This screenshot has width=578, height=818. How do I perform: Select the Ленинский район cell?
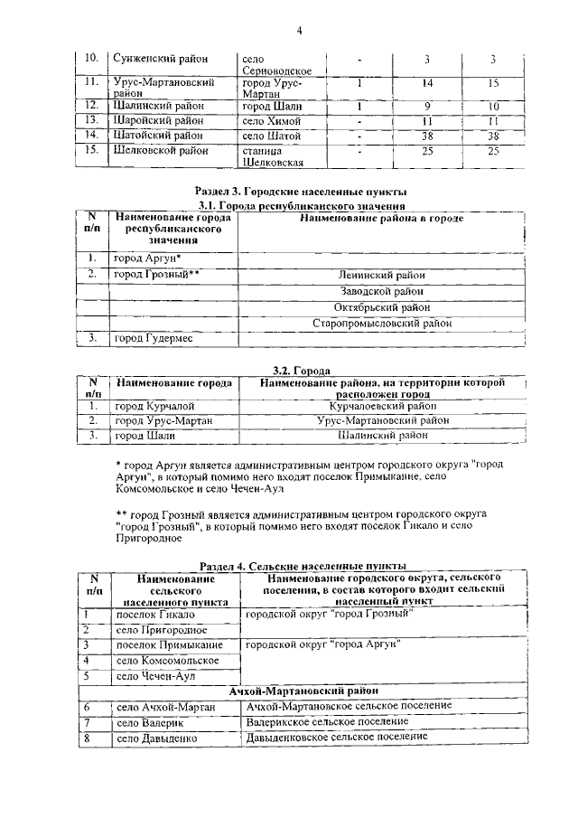point(381,275)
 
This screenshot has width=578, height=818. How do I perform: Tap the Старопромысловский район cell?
point(381,323)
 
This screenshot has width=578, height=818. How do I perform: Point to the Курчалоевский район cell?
point(381,407)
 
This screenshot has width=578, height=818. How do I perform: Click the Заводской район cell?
point(381,291)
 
